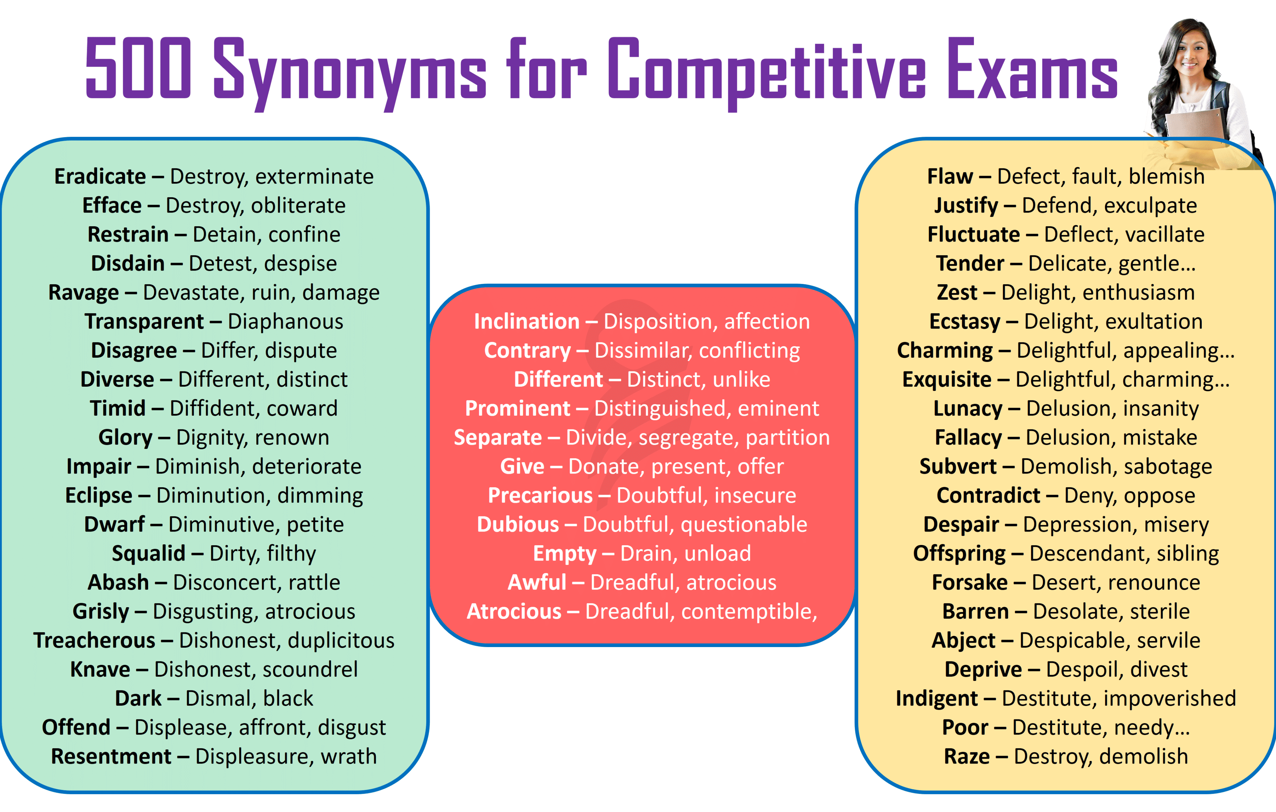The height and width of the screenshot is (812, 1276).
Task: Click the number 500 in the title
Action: coord(138,68)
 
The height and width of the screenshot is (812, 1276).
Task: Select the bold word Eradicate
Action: coord(100,176)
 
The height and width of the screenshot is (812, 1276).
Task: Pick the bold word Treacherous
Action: coord(94,640)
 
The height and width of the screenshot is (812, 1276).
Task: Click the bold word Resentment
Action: coord(111,756)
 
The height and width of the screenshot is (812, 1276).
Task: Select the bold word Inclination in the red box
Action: coord(527,322)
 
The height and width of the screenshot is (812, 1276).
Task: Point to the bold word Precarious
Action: coord(540,495)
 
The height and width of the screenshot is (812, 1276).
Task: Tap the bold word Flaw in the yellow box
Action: coord(950,176)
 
